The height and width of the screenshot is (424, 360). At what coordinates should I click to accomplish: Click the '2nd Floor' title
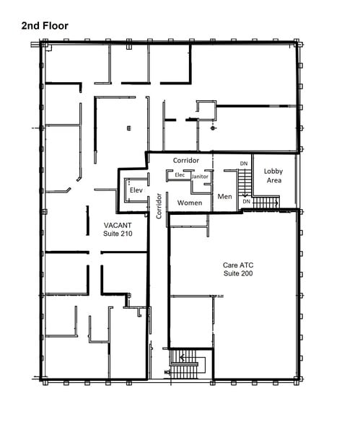coord(45,25)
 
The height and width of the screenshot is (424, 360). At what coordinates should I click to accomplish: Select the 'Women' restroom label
coord(190,203)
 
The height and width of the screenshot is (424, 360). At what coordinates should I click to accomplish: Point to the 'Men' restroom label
coord(224,195)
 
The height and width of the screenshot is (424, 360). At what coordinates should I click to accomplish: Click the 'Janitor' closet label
coord(200,175)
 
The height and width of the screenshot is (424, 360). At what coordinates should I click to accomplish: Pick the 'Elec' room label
coord(180,175)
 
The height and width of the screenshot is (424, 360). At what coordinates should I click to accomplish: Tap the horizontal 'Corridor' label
coord(187,160)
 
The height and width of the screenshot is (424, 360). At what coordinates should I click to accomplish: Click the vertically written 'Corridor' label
coord(159,206)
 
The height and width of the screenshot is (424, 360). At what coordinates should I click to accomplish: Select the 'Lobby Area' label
coord(273,175)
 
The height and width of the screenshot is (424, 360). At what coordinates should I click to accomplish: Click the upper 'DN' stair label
coord(244,163)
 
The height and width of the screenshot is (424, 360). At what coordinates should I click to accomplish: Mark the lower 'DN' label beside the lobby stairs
coord(246,201)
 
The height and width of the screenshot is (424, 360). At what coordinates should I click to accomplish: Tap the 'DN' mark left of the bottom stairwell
coord(167,372)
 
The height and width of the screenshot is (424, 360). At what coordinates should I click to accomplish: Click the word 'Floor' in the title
coord(56,25)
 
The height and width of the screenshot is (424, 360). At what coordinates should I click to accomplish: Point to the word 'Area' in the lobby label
coord(273,180)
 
